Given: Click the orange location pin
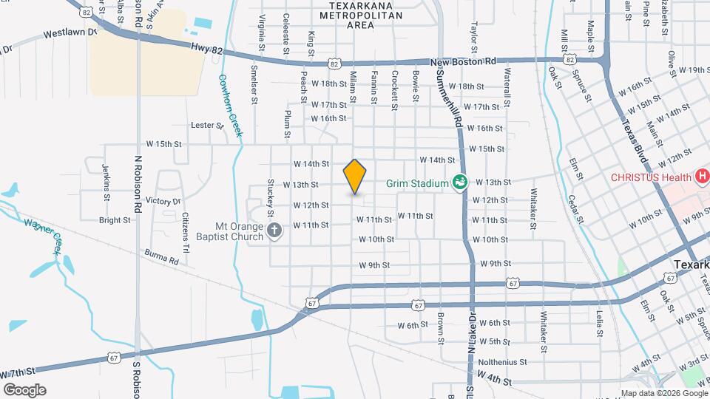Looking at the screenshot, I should point(355,177).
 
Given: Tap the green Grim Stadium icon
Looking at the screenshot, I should point(459,182).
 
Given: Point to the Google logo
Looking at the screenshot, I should point(24,389).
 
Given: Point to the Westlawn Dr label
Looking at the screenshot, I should point(70,33).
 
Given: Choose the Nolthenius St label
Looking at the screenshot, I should point(502,362).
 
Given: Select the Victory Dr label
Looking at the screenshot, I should point(163,201).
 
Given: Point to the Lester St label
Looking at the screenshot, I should point(207,126).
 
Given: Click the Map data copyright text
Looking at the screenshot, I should point(662,392).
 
